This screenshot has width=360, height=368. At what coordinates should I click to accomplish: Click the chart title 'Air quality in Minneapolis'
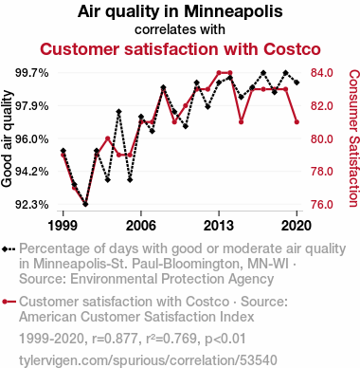click(180, 11)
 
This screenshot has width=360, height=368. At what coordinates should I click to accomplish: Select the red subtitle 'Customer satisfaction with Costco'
click(180, 49)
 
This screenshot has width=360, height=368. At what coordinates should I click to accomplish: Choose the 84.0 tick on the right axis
click(322, 73)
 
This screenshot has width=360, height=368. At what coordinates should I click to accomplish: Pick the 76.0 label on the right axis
click(322, 205)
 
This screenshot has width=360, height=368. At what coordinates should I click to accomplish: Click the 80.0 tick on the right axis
click(322, 138)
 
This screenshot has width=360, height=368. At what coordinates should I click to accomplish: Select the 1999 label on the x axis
click(63, 226)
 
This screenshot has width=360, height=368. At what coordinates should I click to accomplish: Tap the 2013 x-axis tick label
click(219, 226)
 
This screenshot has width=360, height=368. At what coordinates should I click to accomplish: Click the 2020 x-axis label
click(297, 226)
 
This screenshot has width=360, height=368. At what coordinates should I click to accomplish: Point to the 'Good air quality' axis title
click(7, 138)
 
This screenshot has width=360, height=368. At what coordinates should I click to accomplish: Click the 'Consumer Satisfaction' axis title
click(354, 138)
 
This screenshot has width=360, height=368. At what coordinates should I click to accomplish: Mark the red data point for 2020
click(297, 122)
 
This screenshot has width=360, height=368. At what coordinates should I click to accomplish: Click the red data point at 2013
click(219, 73)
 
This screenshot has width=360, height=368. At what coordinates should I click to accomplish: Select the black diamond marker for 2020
click(297, 83)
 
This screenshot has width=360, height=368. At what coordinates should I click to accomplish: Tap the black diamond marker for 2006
click(141, 117)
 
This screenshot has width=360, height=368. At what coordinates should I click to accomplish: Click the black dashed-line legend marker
click(9, 249)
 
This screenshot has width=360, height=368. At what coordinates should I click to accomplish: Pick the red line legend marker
click(9, 302)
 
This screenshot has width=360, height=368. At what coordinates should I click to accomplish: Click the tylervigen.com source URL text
click(148, 360)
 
